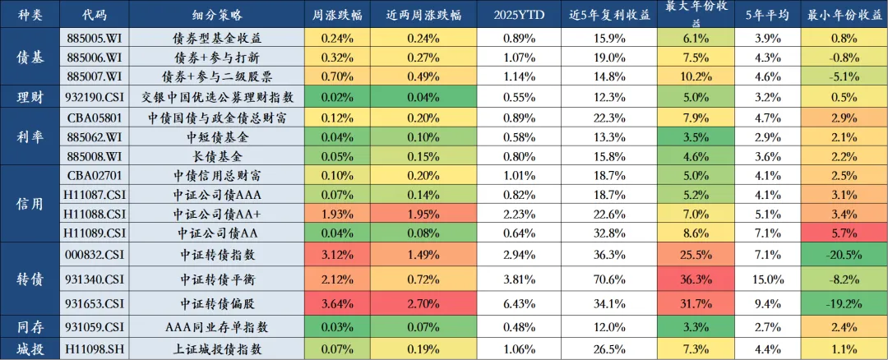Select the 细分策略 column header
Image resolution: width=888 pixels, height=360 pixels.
217,15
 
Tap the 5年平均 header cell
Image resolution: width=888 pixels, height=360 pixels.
765,15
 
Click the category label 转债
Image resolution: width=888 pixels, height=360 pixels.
31,279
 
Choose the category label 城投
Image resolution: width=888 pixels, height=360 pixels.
31,348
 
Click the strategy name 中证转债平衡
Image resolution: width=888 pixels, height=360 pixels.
217,279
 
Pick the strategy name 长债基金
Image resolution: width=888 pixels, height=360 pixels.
217,156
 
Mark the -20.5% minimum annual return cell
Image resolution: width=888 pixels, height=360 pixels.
844,254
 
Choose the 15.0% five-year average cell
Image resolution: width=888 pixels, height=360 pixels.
765,279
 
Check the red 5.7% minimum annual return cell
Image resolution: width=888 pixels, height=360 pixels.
844,233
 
